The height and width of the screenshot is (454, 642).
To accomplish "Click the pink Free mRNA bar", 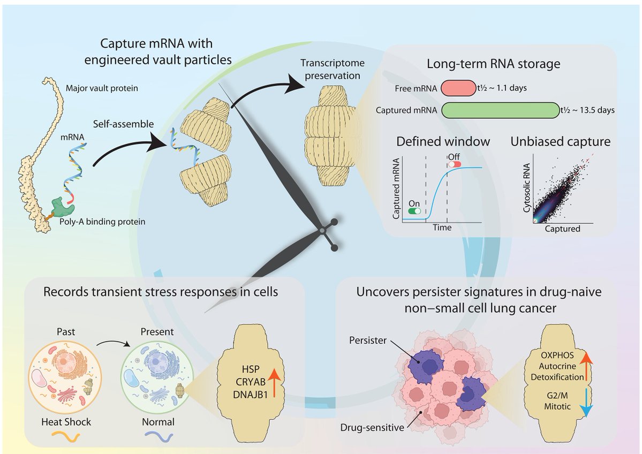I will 458,88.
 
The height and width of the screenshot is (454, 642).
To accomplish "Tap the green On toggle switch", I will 414,211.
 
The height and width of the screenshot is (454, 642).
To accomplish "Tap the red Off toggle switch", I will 454,163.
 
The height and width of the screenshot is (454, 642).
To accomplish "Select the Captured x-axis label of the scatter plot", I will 562,229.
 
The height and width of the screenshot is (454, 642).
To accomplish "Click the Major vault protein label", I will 102,87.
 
